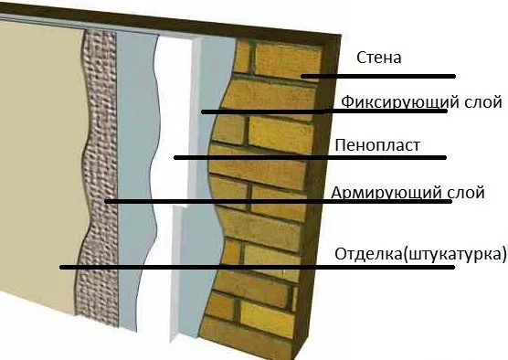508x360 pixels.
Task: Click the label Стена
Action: click(x=383, y=59)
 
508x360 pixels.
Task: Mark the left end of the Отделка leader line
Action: click(x=60, y=267)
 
